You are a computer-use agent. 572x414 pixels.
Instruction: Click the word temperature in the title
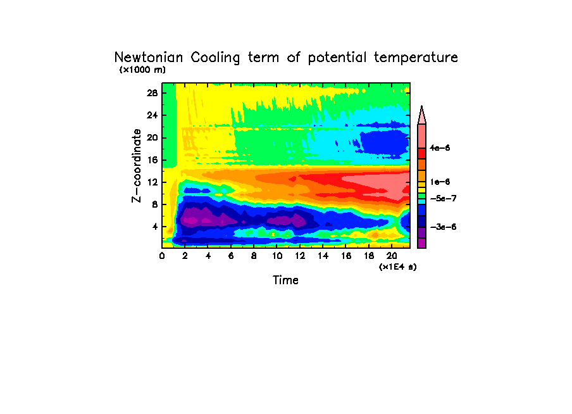416,58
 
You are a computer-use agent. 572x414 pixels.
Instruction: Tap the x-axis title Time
285,280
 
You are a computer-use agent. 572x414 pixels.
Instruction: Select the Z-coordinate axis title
136,165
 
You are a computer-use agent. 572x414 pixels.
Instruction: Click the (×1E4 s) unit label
397,267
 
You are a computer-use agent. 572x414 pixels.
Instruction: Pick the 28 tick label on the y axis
152,93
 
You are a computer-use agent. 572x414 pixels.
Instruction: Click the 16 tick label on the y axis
152,160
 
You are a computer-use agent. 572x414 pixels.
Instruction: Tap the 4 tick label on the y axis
154,227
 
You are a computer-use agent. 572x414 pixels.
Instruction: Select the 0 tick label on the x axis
162,255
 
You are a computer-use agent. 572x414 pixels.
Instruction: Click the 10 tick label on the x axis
277,255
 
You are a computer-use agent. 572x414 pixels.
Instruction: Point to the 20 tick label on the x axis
391,255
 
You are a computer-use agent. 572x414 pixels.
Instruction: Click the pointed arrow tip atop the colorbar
421,109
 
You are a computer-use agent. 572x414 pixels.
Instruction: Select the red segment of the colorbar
421,153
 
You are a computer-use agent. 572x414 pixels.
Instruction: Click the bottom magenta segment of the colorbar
421,243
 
